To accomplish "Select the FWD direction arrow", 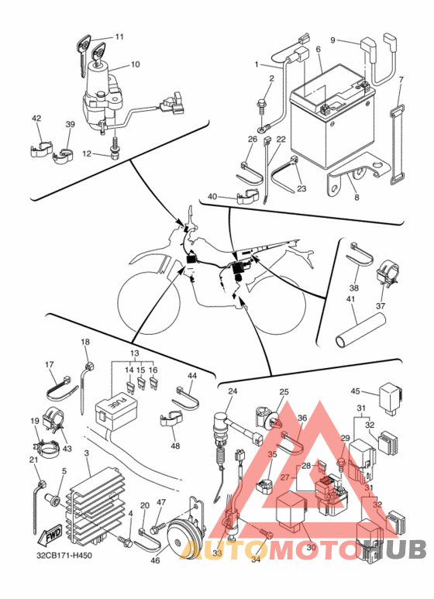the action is pyautogui.click(x=50, y=537).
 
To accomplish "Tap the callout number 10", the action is pyautogui.click(x=136, y=64).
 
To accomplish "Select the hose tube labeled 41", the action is pyautogui.click(x=361, y=330).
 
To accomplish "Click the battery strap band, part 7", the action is pyautogui.click(x=398, y=144).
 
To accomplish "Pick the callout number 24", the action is pyautogui.click(x=232, y=391).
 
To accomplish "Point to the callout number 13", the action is pyautogui.click(x=135, y=354).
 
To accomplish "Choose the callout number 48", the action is pyautogui.click(x=175, y=446).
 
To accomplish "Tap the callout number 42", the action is pyautogui.click(x=36, y=119).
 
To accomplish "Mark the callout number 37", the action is pyautogui.click(x=381, y=305).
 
